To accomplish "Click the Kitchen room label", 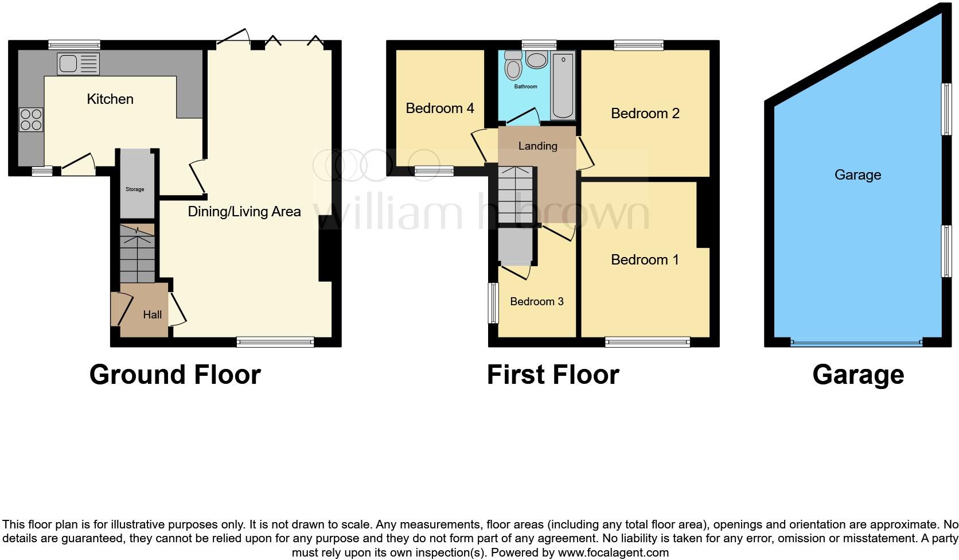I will pos(110,99).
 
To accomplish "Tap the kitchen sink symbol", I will pos(78,64).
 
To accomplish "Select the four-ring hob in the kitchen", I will pos(31,119).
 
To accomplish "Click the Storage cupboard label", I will pos(135,189).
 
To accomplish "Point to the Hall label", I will pos(153,314).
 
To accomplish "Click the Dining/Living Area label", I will pos(244,212).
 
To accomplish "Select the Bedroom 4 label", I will pos(440,108).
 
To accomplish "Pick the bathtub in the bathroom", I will pos(563,85).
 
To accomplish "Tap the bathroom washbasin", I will pos(537,60).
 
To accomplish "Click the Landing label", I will pos(537,146).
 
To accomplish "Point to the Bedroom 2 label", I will pos(645,114).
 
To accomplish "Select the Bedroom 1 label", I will pos(645,260).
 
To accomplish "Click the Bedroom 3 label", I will pos(537,302).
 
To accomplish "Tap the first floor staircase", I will pos(516,195).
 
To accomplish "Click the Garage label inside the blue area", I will pos(857,175).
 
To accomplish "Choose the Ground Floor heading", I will pos(175,375).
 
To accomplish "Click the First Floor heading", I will pos(553,375).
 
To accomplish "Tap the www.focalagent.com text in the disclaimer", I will pos(613,553).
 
